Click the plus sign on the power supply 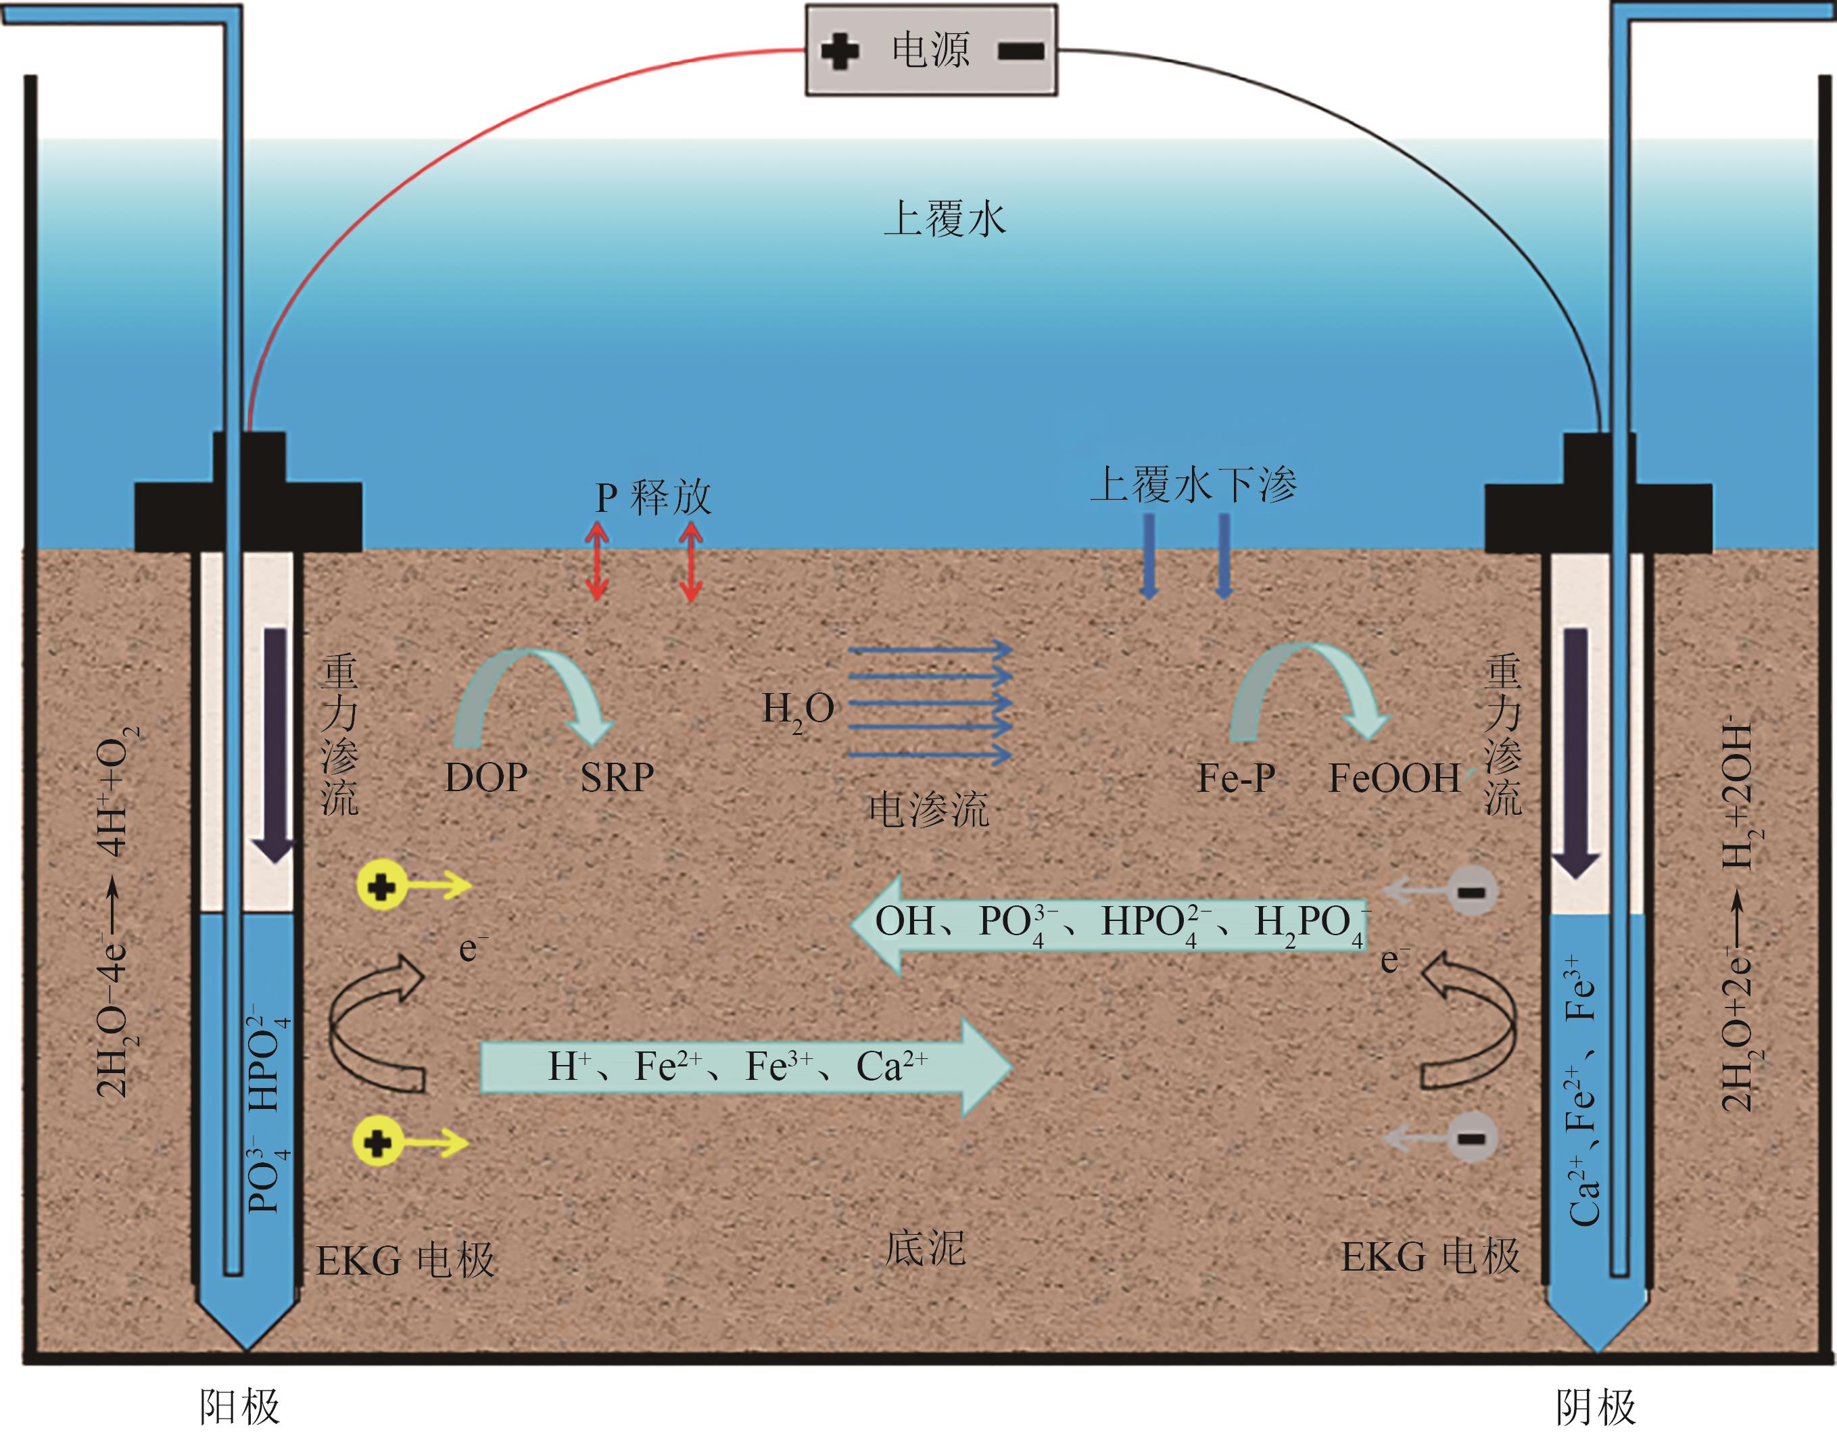click(840, 51)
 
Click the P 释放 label click(653, 498)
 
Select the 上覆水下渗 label click(1193, 485)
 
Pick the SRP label click(617, 777)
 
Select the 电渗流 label click(928, 809)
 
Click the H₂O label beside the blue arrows click(797, 710)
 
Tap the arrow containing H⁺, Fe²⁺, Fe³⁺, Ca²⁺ click(743, 1067)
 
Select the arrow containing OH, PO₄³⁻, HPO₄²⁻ click(1106, 924)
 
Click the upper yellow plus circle click(382, 887)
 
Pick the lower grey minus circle click(1471, 1138)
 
